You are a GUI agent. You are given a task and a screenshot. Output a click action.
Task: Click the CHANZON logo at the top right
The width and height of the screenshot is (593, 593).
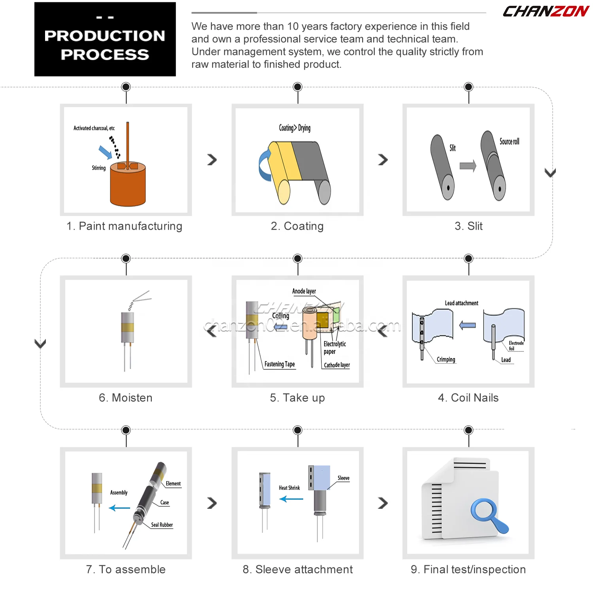(x=546, y=11)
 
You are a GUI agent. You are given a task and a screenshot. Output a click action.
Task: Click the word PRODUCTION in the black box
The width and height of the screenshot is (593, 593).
(x=105, y=36)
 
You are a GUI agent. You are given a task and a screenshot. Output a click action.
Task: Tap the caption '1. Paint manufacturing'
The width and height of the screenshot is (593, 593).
(x=125, y=226)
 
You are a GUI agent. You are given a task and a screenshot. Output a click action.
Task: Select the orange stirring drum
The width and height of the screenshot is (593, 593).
(x=128, y=185)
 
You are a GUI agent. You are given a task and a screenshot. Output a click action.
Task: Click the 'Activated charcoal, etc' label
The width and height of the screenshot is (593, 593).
(x=94, y=128)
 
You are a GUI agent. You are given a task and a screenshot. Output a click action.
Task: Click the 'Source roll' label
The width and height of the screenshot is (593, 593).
(x=509, y=142)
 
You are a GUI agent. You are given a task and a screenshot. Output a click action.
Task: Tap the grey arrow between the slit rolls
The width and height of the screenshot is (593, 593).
(x=468, y=166)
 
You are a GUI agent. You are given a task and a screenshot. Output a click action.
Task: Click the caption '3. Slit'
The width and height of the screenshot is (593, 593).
(x=468, y=226)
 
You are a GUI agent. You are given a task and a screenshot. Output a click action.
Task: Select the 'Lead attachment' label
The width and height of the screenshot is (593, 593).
(x=461, y=303)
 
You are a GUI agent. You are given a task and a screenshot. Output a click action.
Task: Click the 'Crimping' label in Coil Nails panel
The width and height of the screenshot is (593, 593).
(x=446, y=359)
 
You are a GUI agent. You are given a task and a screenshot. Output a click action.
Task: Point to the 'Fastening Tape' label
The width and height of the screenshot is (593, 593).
(x=280, y=364)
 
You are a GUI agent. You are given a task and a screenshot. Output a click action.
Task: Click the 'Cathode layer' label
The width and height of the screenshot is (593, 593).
(x=337, y=365)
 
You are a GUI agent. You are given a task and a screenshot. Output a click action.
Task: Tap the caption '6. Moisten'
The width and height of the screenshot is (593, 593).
(x=125, y=398)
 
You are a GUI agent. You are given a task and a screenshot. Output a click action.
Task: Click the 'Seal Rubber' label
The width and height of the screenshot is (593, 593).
(x=162, y=525)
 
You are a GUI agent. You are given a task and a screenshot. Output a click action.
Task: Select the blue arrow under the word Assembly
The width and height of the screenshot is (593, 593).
(x=119, y=508)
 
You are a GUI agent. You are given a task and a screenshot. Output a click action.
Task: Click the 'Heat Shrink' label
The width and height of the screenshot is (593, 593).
(x=289, y=488)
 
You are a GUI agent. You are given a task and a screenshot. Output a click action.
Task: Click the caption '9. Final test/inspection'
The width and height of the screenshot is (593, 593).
(x=468, y=569)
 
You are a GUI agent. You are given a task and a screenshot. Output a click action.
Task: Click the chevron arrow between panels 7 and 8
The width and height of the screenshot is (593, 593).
(x=212, y=503)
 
